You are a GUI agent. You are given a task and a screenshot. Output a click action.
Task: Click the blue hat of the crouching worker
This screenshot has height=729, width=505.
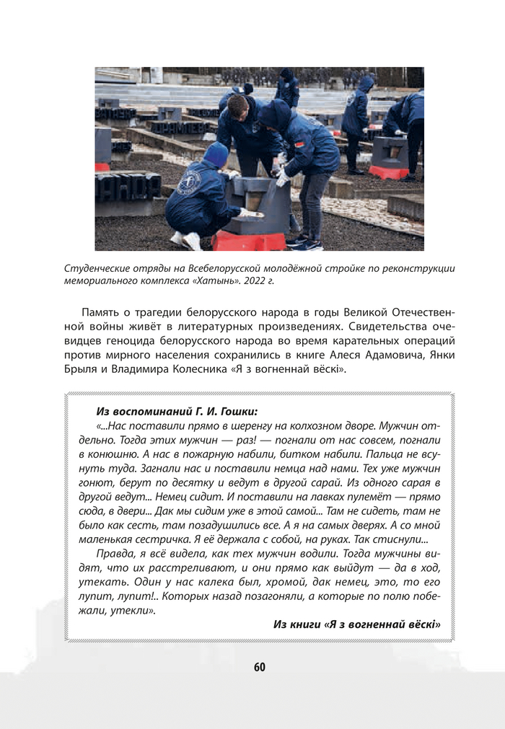tap(215, 154)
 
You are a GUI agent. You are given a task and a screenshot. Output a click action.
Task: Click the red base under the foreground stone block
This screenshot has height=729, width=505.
tap(249, 240)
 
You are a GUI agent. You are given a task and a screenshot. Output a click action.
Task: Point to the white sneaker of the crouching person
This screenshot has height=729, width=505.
tap(192, 240)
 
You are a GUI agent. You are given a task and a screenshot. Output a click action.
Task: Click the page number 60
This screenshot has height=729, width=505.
tap(259, 667)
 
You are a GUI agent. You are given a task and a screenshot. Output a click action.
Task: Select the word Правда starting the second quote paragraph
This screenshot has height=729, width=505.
tap(115, 554)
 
